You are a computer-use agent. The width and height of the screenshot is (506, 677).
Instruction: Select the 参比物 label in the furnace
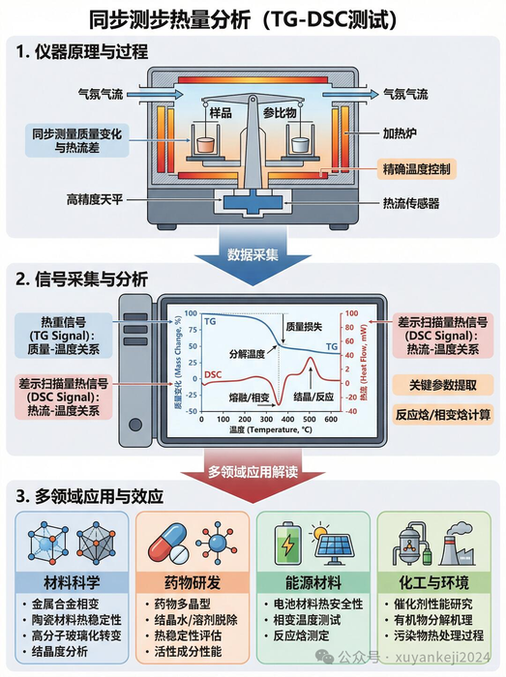(x=291, y=114)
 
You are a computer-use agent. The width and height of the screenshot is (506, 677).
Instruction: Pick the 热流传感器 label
(x=410, y=203)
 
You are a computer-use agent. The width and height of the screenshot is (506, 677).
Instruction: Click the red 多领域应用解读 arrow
(x=253, y=472)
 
